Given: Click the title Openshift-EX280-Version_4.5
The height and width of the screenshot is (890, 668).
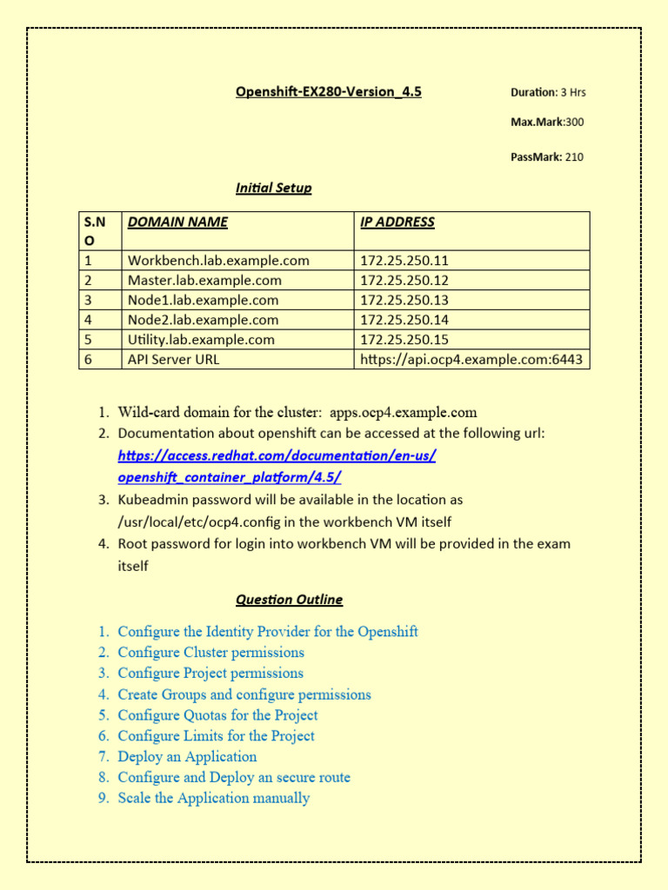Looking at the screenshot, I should click(328, 91).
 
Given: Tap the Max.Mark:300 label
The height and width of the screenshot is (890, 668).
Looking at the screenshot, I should click(546, 122).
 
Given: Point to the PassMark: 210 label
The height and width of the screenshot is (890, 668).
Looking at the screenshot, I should click(546, 157).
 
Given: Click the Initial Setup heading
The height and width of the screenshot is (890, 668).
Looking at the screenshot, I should click(273, 188).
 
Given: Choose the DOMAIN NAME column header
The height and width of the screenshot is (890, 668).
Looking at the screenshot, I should click(177, 222).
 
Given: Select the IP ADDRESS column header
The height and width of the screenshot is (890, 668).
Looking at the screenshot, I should click(397, 222).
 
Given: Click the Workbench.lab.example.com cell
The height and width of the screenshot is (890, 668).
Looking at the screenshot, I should click(218, 260).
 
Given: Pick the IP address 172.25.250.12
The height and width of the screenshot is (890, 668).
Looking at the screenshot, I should click(404, 280).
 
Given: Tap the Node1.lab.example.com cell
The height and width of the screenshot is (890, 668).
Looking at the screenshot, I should click(203, 300).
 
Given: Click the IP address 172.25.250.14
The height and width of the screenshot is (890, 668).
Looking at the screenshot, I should click(404, 320).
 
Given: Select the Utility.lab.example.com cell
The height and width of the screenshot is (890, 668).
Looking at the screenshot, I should click(201, 340).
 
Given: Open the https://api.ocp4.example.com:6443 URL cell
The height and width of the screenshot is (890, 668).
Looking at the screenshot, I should click(471, 360).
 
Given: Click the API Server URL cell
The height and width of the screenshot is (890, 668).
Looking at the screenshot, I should click(174, 360).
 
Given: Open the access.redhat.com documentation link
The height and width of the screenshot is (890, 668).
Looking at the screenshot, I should click(277, 467).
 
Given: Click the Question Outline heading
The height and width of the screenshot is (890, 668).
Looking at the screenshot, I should click(289, 600).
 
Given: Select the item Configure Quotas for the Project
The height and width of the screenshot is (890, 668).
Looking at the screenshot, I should click(217, 715).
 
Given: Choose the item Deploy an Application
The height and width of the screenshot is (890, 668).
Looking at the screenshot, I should click(187, 757).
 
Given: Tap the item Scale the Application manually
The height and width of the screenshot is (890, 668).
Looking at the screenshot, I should click(213, 798).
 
